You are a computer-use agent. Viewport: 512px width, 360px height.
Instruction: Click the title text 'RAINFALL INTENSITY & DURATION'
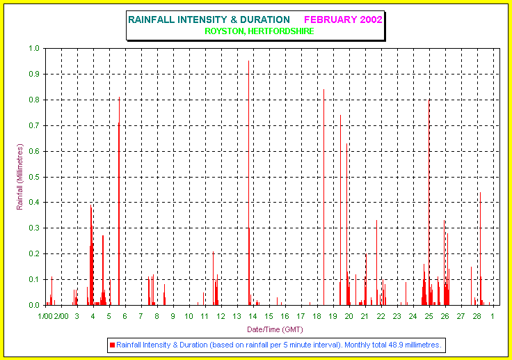(x=209, y=19)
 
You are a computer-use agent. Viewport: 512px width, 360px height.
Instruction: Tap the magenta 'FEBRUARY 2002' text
(x=343, y=19)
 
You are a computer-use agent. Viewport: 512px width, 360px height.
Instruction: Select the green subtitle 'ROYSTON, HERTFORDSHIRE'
(x=259, y=31)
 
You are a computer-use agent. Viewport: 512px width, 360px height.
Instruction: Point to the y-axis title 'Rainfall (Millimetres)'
(x=20, y=177)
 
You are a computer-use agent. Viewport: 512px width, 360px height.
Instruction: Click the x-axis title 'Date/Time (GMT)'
(x=275, y=329)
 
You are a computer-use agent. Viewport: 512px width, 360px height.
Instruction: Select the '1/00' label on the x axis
(x=45, y=316)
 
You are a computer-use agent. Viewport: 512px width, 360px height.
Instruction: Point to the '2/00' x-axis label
(x=61, y=316)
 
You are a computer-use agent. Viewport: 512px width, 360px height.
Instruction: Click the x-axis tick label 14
(x=253, y=316)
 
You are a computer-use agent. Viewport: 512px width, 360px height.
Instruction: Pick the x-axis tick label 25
(x=429, y=316)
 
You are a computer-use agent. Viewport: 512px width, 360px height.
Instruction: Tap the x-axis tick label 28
(x=477, y=316)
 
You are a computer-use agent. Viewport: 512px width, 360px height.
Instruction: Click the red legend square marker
(x=112, y=345)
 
